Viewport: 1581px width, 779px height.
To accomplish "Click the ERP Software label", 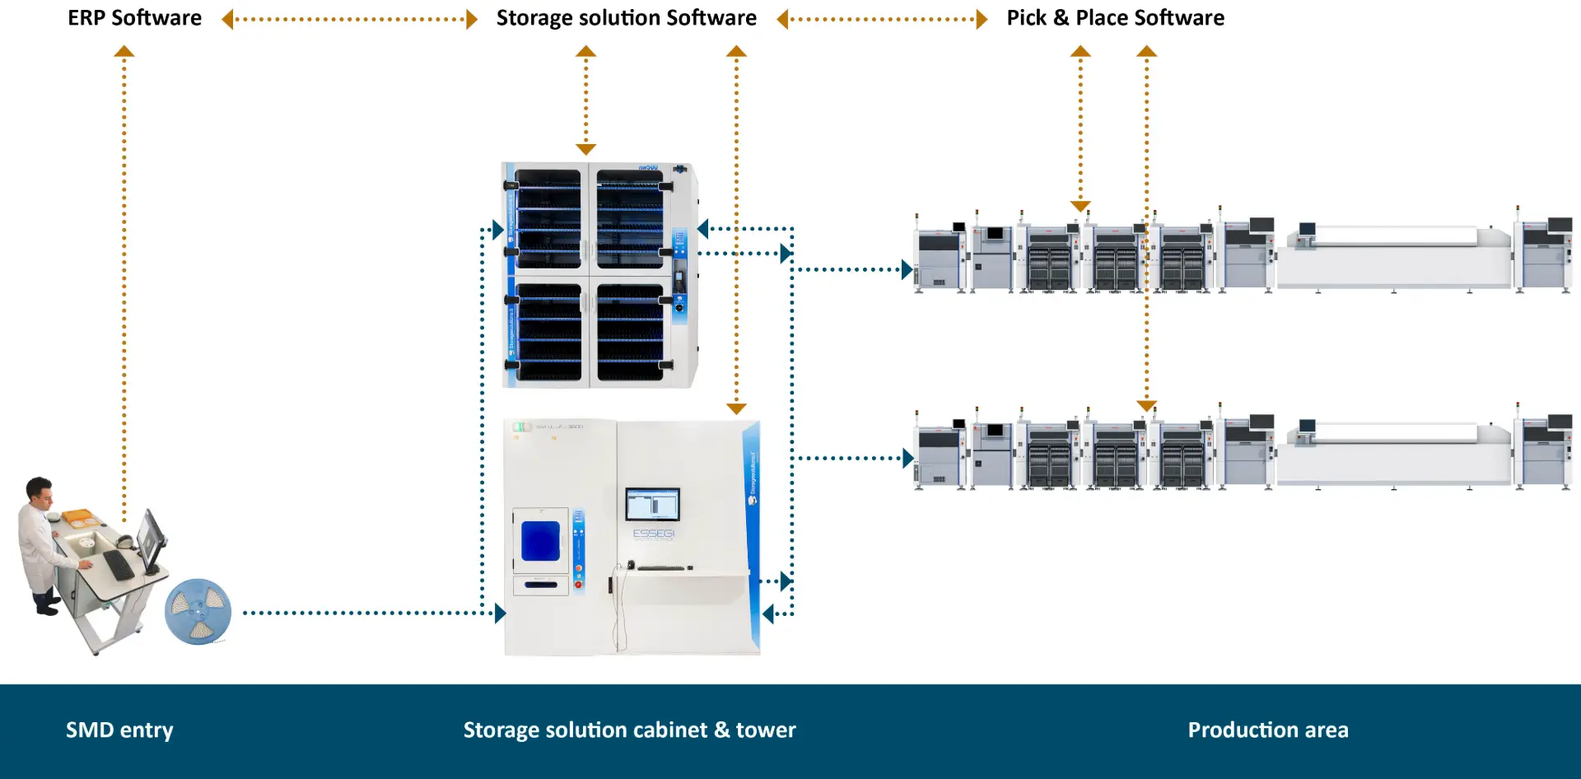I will pyautogui.click(x=134, y=18).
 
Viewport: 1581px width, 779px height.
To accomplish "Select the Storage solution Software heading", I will pyautogui.click(x=626, y=18).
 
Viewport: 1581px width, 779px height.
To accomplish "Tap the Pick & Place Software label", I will pyautogui.click(x=1115, y=18).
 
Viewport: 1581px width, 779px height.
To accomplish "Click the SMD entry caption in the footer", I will pyautogui.click(x=119, y=730).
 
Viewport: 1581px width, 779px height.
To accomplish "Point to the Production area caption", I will pyautogui.click(x=1267, y=730).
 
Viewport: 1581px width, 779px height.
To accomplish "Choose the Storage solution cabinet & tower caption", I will pyautogui.click(x=629, y=730).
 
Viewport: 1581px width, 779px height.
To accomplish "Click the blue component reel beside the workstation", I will pyautogui.click(x=198, y=612).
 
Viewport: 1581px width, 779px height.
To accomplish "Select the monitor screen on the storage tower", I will pyautogui.click(x=652, y=504).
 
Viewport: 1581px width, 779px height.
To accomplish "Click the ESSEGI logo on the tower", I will pyautogui.click(x=653, y=534).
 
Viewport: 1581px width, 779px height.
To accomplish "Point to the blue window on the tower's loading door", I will pyautogui.click(x=540, y=541).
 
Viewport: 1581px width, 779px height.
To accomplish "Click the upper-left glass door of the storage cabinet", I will pyautogui.click(x=548, y=218).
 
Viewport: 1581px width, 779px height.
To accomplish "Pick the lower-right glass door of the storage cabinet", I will pyautogui.click(x=630, y=332).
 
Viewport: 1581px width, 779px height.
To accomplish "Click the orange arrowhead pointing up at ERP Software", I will pyautogui.click(x=124, y=51).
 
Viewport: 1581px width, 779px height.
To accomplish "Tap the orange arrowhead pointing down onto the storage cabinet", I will pyautogui.click(x=585, y=149).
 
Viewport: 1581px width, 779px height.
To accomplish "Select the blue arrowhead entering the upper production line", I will pyautogui.click(x=907, y=269).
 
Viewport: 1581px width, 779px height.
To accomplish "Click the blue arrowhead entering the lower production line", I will pyautogui.click(x=907, y=458).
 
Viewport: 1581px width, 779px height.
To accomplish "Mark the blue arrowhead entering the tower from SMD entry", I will pyautogui.click(x=500, y=613).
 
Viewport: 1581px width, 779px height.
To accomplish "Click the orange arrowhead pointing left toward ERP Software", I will pyautogui.click(x=227, y=19).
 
